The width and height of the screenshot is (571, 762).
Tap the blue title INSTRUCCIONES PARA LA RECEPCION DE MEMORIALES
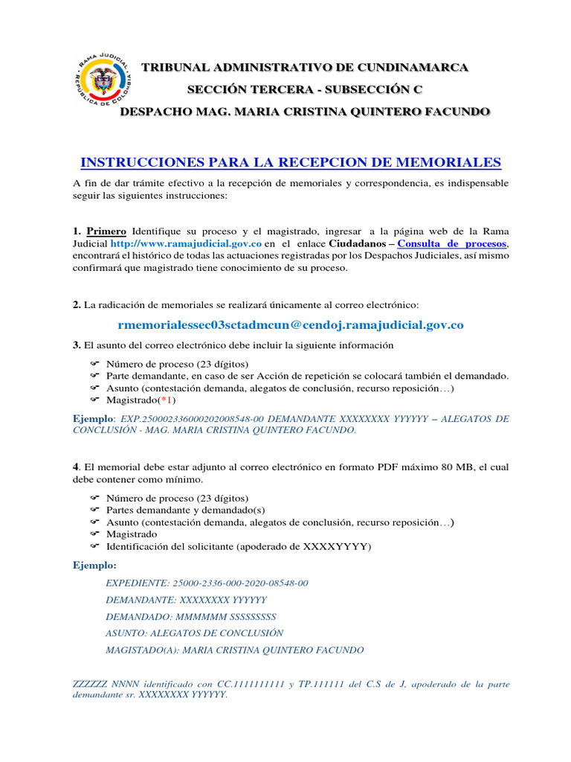291,162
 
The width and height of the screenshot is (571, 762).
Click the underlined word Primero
106,231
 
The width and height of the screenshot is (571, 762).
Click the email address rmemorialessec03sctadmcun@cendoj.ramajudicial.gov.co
291,324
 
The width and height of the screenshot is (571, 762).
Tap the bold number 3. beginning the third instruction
77,345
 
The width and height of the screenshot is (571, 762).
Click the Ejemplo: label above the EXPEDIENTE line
94,566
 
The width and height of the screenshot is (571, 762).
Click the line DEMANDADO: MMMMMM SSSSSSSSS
191,616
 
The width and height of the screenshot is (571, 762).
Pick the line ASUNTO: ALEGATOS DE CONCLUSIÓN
195,633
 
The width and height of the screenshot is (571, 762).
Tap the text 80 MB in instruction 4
419,467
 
